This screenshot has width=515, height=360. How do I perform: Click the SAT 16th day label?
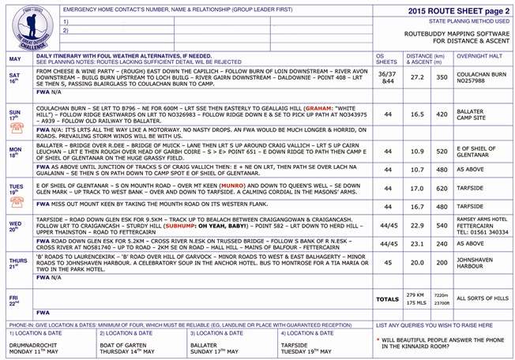15,78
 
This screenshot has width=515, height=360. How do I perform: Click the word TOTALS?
388,300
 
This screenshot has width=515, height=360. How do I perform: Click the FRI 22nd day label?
14,300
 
